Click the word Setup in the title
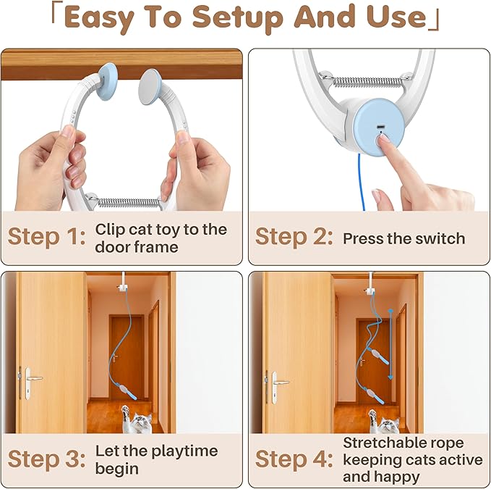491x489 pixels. click(x=238, y=18)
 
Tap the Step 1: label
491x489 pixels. click(x=47, y=236)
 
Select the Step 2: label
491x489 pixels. click(x=294, y=236)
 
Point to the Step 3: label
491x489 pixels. click(x=47, y=459)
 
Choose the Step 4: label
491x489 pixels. click(x=294, y=459)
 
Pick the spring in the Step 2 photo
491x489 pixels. click(x=367, y=82)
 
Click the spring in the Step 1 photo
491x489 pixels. click(x=129, y=203)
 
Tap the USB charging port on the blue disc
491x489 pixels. click(x=381, y=127)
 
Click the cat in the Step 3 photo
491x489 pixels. click(x=136, y=419)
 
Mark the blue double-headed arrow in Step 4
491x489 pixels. click(x=390, y=344)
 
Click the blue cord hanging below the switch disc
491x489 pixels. click(x=361, y=182)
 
